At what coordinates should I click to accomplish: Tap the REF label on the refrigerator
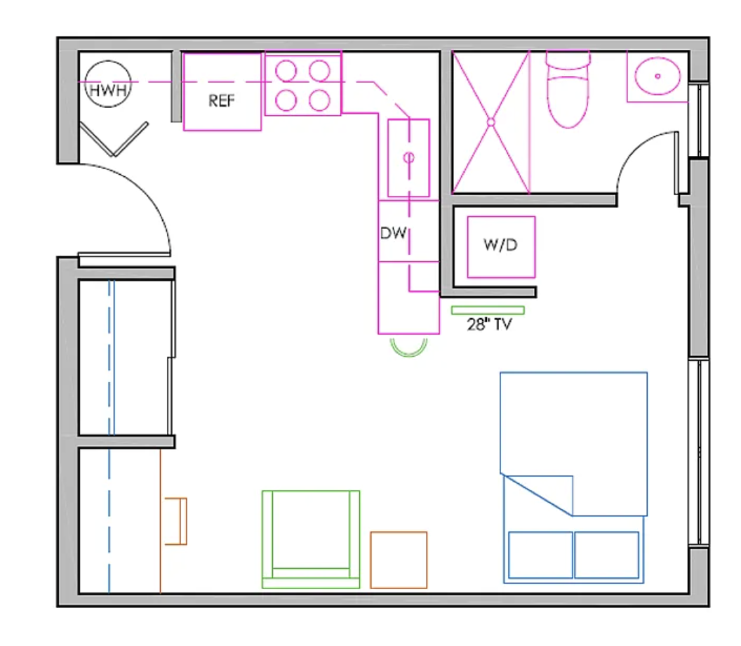(222, 100)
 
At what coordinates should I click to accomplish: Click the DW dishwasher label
(393, 232)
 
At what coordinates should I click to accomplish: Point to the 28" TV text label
(489, 324)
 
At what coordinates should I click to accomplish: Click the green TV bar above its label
(488, 310)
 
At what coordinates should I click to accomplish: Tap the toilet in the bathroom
(568, 89)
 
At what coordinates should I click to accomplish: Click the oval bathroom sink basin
(657, 76)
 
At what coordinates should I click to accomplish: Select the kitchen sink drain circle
(409, 157)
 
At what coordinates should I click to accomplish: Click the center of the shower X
(490, 122)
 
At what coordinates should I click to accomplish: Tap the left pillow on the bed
(540, 555)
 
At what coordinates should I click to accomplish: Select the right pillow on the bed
(607, 555)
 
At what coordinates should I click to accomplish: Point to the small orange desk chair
(176, 521)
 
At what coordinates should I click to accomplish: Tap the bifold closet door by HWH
(114, 140)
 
